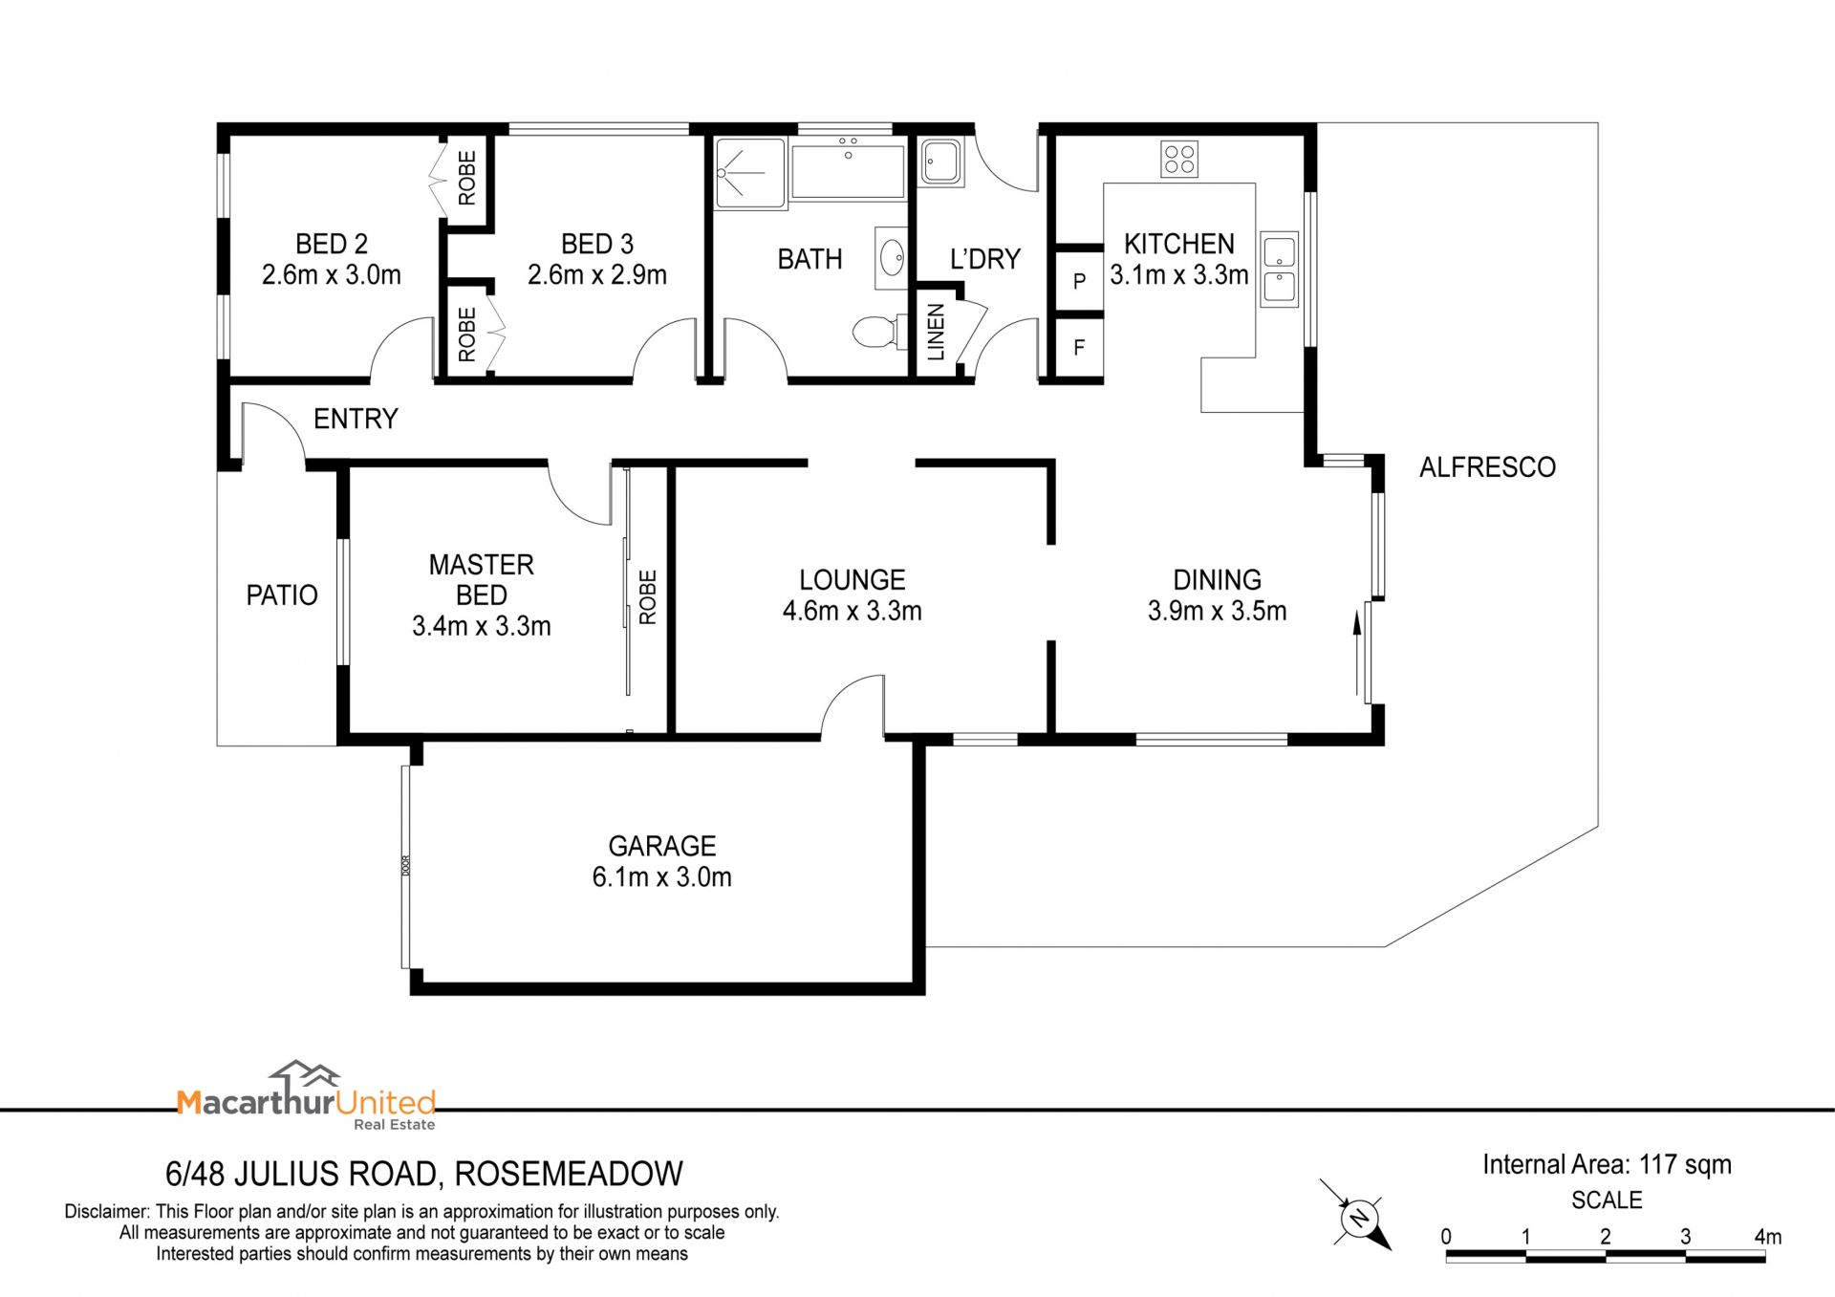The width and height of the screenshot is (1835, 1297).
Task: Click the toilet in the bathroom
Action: [874, 332]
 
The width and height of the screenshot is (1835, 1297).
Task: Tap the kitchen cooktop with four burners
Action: [1179, 159]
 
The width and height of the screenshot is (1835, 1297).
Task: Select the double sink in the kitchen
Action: [1279, 269]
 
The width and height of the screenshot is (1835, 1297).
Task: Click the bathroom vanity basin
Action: [891, 257]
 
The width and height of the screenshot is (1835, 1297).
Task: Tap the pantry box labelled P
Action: [1079, 281]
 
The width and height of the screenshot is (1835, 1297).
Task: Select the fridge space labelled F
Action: [1079, 348]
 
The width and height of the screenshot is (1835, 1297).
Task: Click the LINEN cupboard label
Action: [936, 332]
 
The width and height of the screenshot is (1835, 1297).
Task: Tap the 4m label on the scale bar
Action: [1767, 1237]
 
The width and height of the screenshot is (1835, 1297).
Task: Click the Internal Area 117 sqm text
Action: [1607, 1164]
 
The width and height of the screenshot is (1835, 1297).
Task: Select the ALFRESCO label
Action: [1487, 467]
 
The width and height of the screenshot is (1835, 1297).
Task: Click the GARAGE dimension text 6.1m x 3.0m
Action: [662, 876]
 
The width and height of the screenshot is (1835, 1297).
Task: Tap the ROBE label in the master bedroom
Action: [648, 597]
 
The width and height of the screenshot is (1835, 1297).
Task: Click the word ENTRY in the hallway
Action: [356, 419]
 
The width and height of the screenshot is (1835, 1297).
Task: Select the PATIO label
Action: [282, 595]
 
